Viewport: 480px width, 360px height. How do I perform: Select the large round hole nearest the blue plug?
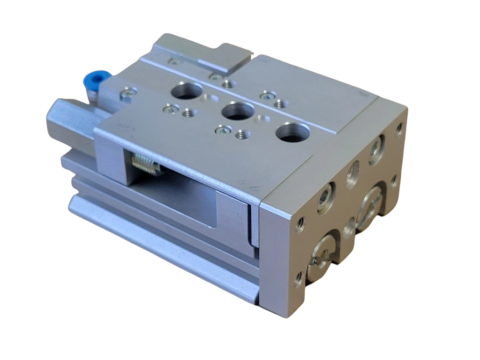(187, 90)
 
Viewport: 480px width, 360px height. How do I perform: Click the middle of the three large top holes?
(238, 111)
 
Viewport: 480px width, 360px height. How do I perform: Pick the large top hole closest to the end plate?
(292, 132)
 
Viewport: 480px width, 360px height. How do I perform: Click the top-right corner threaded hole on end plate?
(399, 127)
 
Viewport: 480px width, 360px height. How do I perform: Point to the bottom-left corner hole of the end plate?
(298, 280)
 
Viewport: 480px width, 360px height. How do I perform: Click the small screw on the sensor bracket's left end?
(174, 62)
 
